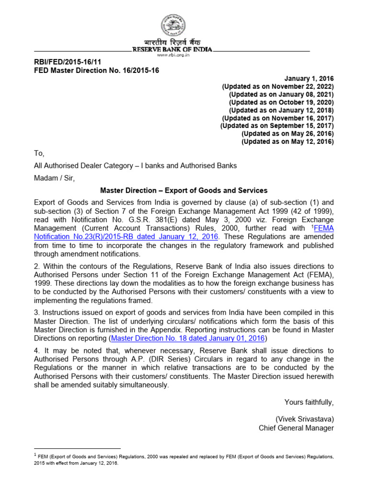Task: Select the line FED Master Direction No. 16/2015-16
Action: click(96, 70)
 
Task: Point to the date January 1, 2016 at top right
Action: click(309, 79)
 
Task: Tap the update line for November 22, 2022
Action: click(277, 87)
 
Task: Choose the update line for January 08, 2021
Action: click(281, 94)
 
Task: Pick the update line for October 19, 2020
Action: click(281, 102)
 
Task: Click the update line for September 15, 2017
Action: click(277, 126)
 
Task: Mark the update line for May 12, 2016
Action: click(287, 141)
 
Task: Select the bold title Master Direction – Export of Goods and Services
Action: click(184, 190)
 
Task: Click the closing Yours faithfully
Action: click(309, 402)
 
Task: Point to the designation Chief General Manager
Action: click(296, 428)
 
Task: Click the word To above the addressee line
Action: click(39, 154)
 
